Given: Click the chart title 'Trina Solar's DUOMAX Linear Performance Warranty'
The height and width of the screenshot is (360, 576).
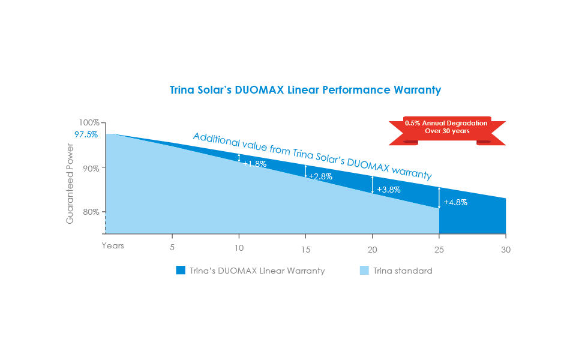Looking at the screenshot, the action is click(x=305, y=90).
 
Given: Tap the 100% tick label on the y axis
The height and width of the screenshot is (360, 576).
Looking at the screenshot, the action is click(x=89, y=122).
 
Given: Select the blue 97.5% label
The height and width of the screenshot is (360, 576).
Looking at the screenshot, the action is click(x=86, y=134).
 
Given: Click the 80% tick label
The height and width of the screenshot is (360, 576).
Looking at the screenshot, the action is click(x=91, y=212).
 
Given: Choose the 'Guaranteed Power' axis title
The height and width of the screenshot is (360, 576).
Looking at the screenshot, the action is click(x=70, y=184).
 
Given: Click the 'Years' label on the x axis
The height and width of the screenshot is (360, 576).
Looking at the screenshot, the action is click(x=113, y=245).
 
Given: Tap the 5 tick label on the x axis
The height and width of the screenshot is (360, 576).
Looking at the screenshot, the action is click(x=172, y=247).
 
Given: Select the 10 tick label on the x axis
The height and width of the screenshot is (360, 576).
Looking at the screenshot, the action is click(x=239, y=248).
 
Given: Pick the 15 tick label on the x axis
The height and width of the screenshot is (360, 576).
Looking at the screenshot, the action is click(x=305, y=250).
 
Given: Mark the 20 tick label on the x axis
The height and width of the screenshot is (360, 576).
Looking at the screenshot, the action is click(x=373, y=250).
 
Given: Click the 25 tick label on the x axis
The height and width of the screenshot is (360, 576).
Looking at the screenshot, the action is click(x=439, y=250).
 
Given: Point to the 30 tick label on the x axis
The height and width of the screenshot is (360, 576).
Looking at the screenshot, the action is click(x=506, y=250).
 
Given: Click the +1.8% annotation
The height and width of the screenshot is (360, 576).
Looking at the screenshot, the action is click(x=255, y=164).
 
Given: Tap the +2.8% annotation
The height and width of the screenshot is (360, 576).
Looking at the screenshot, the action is click(x=320, y=176).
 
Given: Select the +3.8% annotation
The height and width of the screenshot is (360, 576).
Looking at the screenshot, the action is click(x=389, y=190).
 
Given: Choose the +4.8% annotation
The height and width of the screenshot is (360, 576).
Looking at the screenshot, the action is click(x=455, y=202).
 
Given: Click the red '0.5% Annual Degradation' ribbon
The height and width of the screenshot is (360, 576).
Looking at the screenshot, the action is click(x=447, y=131).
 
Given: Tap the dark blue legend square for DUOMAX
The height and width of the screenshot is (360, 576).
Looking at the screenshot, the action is click(x=181, y=271).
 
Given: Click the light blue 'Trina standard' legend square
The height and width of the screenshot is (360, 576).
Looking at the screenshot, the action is click(x=364, y=271).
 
